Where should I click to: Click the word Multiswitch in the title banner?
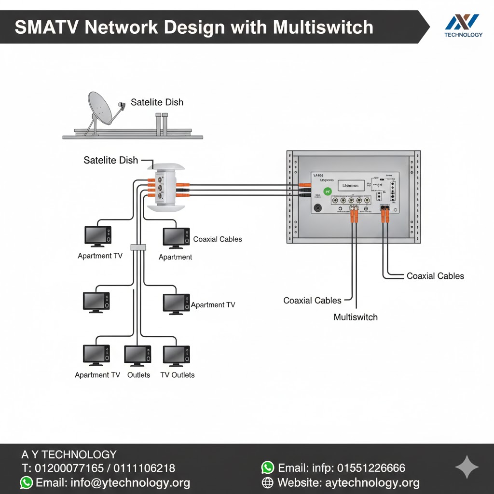[x=323, y=27]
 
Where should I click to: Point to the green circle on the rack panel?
[x=328, y=191]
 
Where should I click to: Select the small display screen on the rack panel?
[x=350, y=185]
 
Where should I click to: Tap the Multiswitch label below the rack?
[x=356, y=317]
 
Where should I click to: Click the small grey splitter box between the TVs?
[x=137, y=247]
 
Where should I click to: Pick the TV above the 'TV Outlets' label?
[x=177, y=355]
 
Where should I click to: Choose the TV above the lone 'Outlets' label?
[x=137, y=355]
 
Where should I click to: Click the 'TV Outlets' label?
[x=178, y=375]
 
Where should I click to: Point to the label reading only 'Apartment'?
[x=176, y=257]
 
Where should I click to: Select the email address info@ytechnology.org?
[x=130, y=482]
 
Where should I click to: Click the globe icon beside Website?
[x=267, y=482]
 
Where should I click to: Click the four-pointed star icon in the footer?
[x=467, y=467]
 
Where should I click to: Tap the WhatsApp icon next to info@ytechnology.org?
[x=27, y=482]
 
